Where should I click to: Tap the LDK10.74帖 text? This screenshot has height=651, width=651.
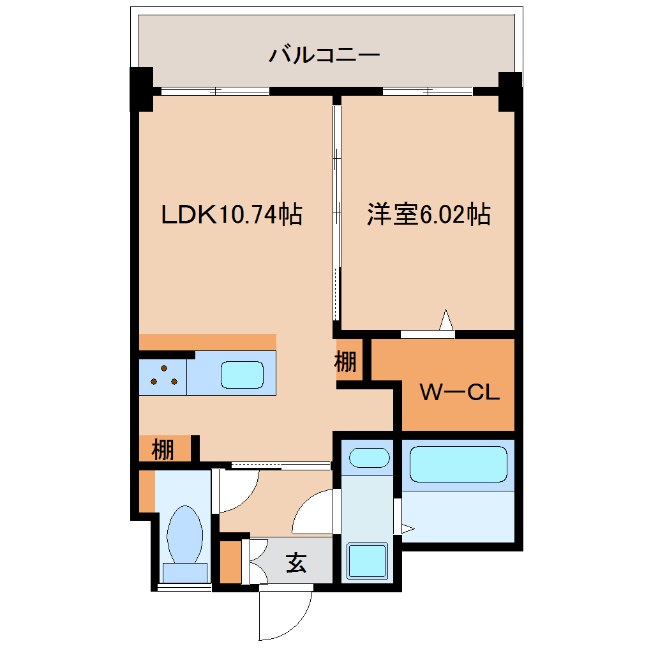click(x=231, y=215)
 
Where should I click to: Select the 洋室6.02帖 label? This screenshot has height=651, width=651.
click(x=428, y=215)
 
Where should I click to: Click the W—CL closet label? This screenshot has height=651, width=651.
click(x=459, y=393)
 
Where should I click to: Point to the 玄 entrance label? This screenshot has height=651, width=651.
click(x=296, y=563)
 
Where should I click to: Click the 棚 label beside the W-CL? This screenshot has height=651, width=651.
click(x=346, y=363)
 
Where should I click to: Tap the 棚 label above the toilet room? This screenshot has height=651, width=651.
click(x=163, y=450)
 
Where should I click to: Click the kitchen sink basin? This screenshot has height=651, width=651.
click(x=242, y=375)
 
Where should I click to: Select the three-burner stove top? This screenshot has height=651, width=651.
click(x=163, y=376)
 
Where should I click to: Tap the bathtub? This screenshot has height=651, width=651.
click(x=458, y=464)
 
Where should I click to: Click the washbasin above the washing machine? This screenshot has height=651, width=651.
click(x=370, y=458)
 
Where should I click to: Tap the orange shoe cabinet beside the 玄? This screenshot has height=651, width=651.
click(x=230, y=562)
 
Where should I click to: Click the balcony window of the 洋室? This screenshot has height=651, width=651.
click(x=427, y=91)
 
